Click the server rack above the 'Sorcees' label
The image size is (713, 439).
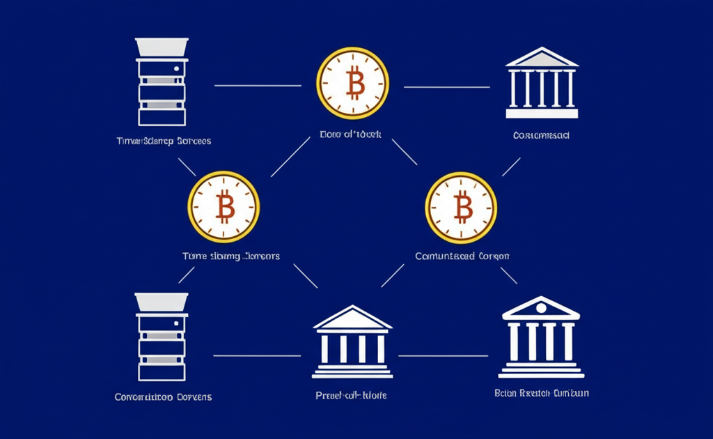click(x=162, y=82)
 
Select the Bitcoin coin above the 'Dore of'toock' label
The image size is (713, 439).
click(x=352, y=84)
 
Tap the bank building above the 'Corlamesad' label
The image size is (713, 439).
click(x=540, y=84)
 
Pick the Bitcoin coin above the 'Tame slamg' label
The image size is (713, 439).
click(x=224, y=207)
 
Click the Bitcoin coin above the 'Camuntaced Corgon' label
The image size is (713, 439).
click(x=461, y=207)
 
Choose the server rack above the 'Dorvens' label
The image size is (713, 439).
click(x=162, y=337)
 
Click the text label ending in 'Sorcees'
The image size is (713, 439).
click(x=164, y=141)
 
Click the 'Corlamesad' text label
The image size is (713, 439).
click(x=541, y=135)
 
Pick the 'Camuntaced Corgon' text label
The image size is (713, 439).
click(x=462, y=256)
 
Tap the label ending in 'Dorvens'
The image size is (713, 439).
click(x=163, y=397)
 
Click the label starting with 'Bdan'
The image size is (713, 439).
click(x=541, y=393)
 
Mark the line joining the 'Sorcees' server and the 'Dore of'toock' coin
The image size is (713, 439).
click(x=257, y=86)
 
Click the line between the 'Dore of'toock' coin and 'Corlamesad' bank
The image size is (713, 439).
click(x=447, y=87)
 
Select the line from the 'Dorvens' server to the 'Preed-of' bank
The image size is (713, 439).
click(x=256, y=355)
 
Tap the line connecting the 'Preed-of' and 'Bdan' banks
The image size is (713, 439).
click(x=443, y=355)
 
